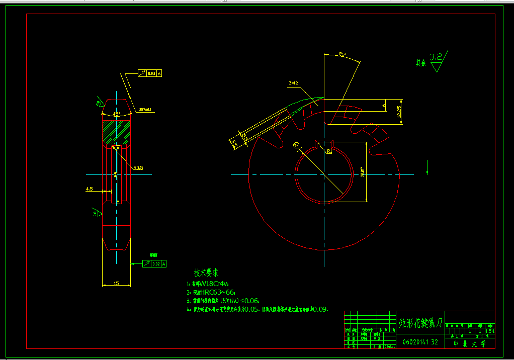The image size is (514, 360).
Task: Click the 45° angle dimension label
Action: (116, 114)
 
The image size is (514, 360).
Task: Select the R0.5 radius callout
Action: (138, 168)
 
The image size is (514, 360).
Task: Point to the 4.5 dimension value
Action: (90, 189)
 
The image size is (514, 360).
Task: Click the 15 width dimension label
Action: (116, 283)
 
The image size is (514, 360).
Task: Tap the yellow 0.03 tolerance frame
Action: (152, 73)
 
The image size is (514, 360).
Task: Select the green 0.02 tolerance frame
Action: (154, 263)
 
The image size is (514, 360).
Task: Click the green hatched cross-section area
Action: (117, 132)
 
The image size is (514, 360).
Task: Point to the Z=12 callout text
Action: (294, 83)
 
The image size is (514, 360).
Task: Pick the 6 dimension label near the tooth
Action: (385, 106)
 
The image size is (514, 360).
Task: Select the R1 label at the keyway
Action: (329, 151)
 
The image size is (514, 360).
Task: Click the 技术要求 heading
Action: (206, 273)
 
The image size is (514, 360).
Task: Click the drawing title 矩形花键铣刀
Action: (420, 322)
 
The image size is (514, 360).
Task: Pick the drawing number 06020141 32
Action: (420, 342)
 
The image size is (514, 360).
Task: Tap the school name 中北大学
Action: (470, 343)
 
